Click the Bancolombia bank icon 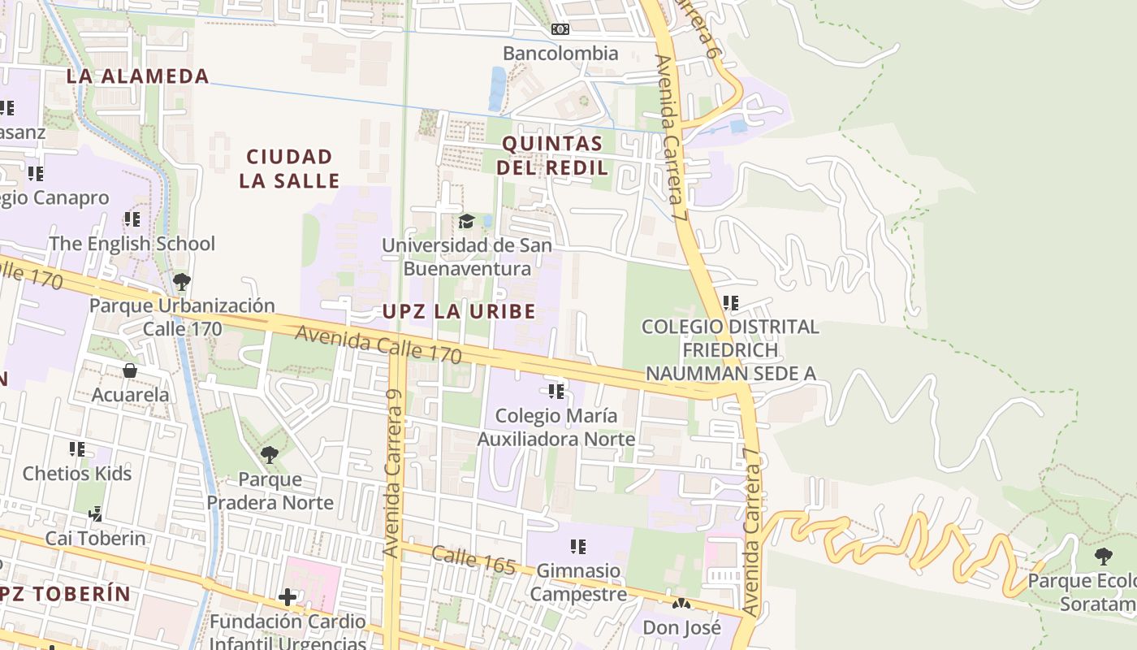pyautogui.click(x=560, y=30)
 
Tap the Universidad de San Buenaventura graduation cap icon pyautogui.click(x=466, y=221)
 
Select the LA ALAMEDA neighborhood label pyautogui.click(x=137, y=76)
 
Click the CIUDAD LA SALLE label pyautogui.click(x=289, y=168)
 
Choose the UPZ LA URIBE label pyautogui.click(x=459, y=311)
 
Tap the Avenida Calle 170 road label pyautogui.click(x=378, y=344)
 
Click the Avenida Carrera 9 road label pyautogui.click(x=393, y=473)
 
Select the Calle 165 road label pyautogui.click(x=473, y=560)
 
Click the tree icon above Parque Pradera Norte pyautogui.click(x=270, y=455)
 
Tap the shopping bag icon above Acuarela pyautogui.click(x=130, y=371)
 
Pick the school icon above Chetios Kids pyautogui.click(x=77, y=449)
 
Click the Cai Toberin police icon pyautogui.click(x=96, y=514)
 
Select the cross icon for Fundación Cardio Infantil pyautogui.click(x=287, y=598)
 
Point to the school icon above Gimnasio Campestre pyautogui.click(x=577, y=547)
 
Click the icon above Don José pyautogui.click(x=681, y=604)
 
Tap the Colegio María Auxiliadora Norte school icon pyautogui.click(x=556, y=392)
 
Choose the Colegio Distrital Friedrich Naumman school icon pyautogui.click(x=730, y=303)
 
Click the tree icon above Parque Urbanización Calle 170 pyautogui.click(x=182, y=282)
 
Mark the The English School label pyautogui.click(x=132, y=244)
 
